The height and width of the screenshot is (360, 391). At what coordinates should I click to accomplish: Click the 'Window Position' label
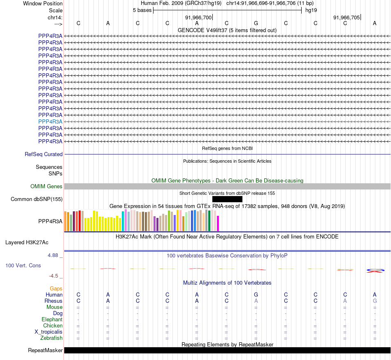(43, 3)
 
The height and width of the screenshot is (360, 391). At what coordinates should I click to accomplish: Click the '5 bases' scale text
(142, 10)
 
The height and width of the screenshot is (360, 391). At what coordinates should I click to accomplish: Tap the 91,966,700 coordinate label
(198, 17)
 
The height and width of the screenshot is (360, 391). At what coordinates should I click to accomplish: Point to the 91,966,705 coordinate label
(347, 17)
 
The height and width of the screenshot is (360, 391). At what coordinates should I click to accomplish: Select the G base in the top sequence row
(256, 23)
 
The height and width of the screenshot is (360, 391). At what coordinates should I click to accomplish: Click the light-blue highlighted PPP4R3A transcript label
(50, 122)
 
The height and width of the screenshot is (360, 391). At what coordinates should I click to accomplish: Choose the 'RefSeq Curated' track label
(44, 154)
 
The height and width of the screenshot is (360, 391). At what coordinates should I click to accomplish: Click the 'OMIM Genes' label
(47, 187)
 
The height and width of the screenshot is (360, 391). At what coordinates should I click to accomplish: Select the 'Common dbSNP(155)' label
(37, 199)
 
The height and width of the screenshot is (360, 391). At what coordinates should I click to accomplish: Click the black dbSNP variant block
(227, 199)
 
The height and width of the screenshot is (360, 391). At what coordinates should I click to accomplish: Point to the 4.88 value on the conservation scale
(55, 255)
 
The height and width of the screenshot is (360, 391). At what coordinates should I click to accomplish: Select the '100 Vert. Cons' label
(23, 266)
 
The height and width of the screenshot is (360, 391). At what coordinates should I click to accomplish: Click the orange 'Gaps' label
(56, 289)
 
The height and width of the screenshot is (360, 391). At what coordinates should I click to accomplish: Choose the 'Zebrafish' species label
(51, 338)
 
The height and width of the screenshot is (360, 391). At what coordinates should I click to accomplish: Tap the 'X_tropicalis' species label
(49, 332)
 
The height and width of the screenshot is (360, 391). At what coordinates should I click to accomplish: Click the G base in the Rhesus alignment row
(375, 301)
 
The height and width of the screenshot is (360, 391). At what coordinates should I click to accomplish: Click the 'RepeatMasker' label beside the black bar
(45, 351)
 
